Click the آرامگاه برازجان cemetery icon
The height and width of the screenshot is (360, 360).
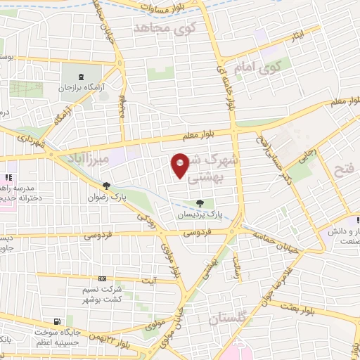pos(81,77)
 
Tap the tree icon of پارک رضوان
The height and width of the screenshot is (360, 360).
pos(106,186)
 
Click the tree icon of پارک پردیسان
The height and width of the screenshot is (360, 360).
pos(199,203)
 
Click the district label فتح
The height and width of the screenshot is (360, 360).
pos(345,169)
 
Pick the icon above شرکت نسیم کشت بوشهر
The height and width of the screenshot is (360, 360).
pos(103,279)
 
